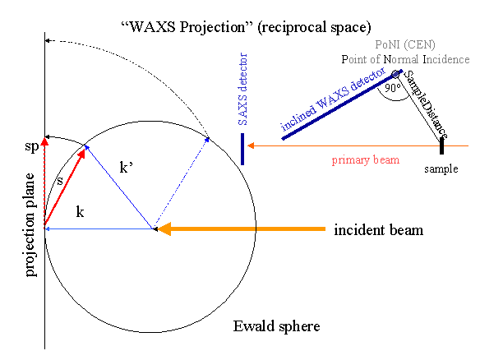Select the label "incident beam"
(378, 230)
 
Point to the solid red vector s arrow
(65, 187)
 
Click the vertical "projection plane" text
(31, 224)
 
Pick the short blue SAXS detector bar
(242, 148)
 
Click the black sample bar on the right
(441, 145)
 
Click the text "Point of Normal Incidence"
(406, 59)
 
